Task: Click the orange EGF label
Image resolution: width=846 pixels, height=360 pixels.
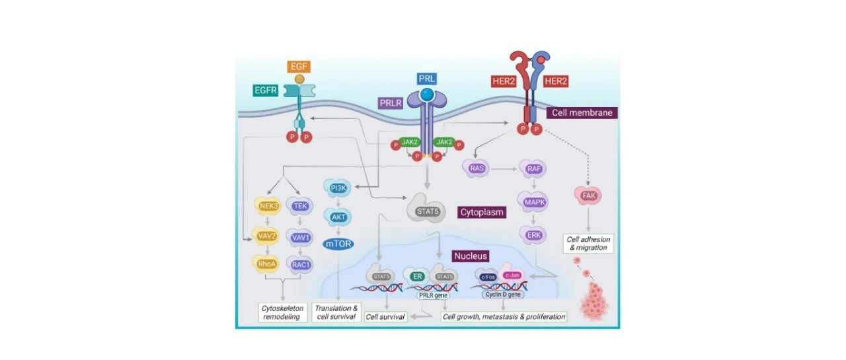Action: (x=299, y=67)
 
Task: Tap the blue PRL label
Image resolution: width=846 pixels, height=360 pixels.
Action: (x=427, y=79)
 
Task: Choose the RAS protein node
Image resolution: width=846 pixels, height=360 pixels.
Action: (x=477, y=168)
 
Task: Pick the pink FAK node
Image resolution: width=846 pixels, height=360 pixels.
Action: (x=588, y=195)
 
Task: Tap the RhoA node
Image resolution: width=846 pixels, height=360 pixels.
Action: (x=268, y=264)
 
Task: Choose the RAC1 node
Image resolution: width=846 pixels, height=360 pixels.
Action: (x=300, y=264)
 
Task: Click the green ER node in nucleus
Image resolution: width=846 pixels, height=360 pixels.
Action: (x=418, y=276)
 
